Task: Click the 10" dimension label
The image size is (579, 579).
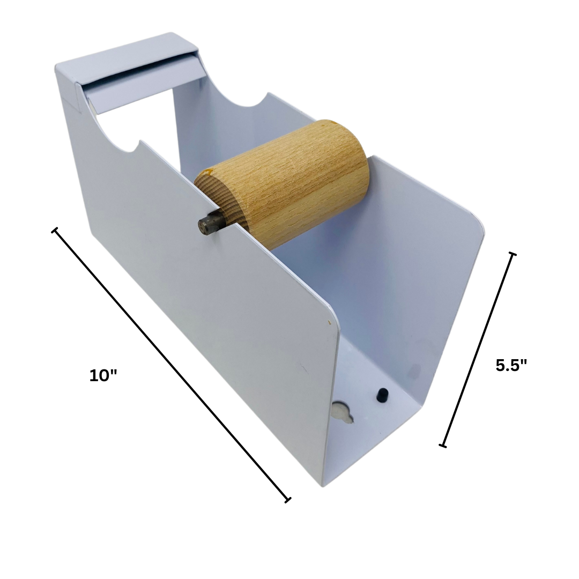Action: pyautogui.click(x=103, y=375)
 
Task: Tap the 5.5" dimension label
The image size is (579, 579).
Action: pyautogui.click(x=511, y=365)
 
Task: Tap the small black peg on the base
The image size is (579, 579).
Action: pyautogui.click(x=382, y=395)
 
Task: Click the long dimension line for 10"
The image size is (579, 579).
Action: pyautogui.click(x=170, y=365)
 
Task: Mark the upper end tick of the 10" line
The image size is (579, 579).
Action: pyautogui.click(x=54, y=231)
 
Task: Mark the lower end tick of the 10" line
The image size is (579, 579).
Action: pyautogui.click(x=288, y=500)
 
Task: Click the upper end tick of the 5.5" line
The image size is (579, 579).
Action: pyautogui.click(x=513, y=254)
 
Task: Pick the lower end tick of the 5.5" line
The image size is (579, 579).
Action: pyautogui.click(x=442, y=445)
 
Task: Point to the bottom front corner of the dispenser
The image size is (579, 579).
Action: pyautogui.click(x=323, y=485)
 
